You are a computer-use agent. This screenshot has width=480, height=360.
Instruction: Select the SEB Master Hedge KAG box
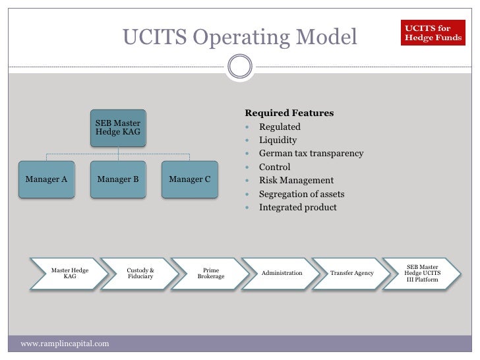[118, 127]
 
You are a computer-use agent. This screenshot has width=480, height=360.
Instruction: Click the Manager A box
[46, 179]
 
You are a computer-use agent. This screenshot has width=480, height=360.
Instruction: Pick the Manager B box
[118, 179]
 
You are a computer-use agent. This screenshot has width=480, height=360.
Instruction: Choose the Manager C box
[190, 179]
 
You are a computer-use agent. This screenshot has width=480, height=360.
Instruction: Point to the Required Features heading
[289, 113]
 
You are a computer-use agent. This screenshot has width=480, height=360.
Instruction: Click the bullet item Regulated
[280, 127]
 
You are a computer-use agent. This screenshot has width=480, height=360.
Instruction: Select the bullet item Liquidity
[278, 140]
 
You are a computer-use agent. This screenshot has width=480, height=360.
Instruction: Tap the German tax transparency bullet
[311, 154]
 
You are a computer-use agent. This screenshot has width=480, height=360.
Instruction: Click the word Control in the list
[274, 167]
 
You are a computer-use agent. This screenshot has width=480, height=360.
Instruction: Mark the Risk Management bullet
[296, 181]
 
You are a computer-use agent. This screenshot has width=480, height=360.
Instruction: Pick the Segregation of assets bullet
[301, 194]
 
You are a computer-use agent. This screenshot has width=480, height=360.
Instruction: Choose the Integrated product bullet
[297, 208]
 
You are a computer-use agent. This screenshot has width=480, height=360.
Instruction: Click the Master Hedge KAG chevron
[70, 273]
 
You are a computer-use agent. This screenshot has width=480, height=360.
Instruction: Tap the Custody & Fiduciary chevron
[140, 273]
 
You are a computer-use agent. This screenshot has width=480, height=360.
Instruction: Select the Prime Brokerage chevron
[211, 273]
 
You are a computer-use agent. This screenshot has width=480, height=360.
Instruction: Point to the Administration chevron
[282, 273]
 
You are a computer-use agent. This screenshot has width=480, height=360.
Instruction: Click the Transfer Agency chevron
[352, 273]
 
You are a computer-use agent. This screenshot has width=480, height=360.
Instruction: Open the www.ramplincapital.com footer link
[65, 344]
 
